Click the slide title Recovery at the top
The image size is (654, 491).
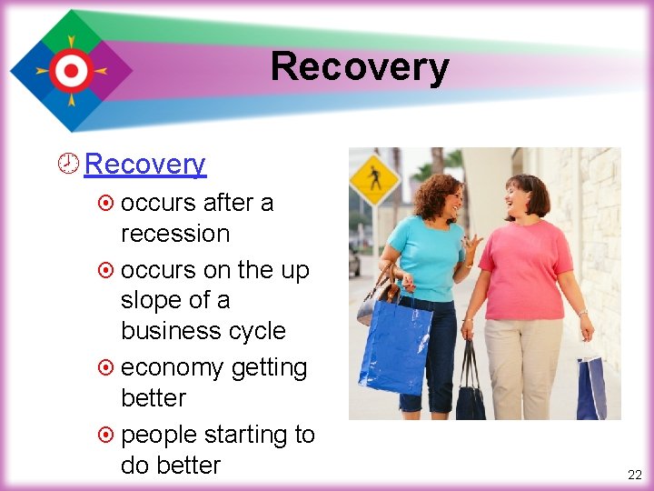pos(359,67)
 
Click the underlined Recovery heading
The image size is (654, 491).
pos(144,165)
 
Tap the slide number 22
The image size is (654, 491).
pos(634,475)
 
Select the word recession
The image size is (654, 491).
pos(174,234)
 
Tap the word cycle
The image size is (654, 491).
pos(258,331)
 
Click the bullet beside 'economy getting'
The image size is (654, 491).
pos(106,368)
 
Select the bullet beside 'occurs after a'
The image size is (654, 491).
pos(106,203)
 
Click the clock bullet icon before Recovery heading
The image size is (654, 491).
pos(71,165)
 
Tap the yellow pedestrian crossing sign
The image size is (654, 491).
pos(373,178)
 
